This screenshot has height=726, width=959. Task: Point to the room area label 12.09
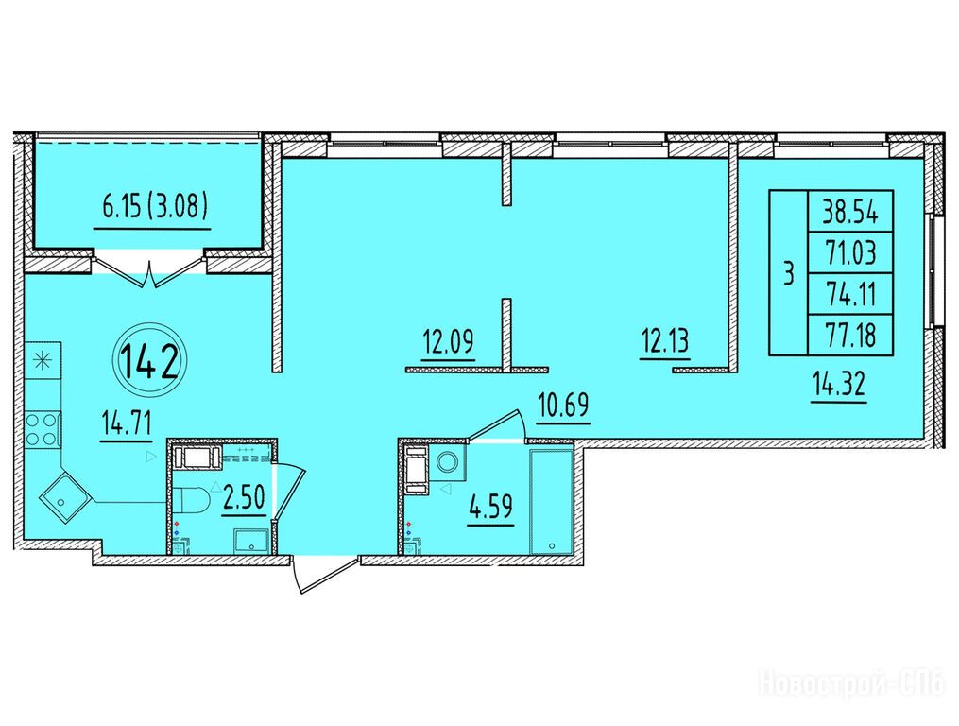point(448,341)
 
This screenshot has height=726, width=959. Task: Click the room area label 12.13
point(665,339)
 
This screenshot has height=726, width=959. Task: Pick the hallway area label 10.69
point(564,405)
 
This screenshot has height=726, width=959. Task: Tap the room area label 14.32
point(839,386)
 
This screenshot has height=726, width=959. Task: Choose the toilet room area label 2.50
point(244,497)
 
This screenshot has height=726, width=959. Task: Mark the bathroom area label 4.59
point(490,508)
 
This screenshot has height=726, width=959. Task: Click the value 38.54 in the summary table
point(850,213)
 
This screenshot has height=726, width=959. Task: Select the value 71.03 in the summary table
point(850,252)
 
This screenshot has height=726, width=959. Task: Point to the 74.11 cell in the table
point(850,294)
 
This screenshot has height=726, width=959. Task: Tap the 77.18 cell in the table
point(850,335)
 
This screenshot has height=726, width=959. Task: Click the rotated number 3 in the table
point(789,273)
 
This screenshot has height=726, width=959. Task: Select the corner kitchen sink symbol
point(64,497)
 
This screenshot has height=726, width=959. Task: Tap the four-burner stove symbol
point(43,428)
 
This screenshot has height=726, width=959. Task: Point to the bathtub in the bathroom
point(551,503)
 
